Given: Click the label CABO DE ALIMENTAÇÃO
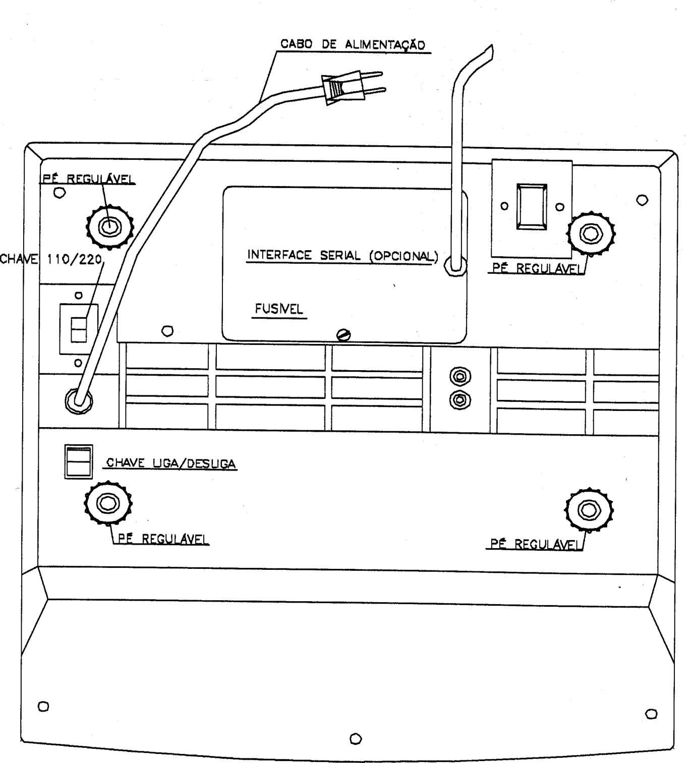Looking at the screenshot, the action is click(353, 44).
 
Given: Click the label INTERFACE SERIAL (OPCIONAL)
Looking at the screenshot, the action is click(342, 256).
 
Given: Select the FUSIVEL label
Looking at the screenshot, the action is click(279, 309).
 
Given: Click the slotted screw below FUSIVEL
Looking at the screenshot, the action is click(343, 335).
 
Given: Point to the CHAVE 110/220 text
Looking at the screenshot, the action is click(51, 259).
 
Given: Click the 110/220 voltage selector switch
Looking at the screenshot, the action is click(79, 329).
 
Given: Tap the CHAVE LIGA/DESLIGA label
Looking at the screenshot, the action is click(170, 463).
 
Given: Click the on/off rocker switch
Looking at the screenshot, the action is click(78, 461).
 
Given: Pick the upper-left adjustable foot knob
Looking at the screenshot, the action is click(109, 227).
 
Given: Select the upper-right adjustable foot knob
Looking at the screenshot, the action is click(591, 233).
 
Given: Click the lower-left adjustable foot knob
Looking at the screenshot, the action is click(108, 503).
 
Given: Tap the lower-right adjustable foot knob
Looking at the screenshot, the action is click(589, 510).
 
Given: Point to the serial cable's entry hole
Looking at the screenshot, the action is click(455, 265).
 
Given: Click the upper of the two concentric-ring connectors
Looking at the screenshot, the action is click(460, 377).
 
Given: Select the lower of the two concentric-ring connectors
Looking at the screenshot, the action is click(460, 400).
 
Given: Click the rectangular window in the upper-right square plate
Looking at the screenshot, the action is click(531, 207).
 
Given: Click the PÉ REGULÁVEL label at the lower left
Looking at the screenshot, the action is click(163, 539).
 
